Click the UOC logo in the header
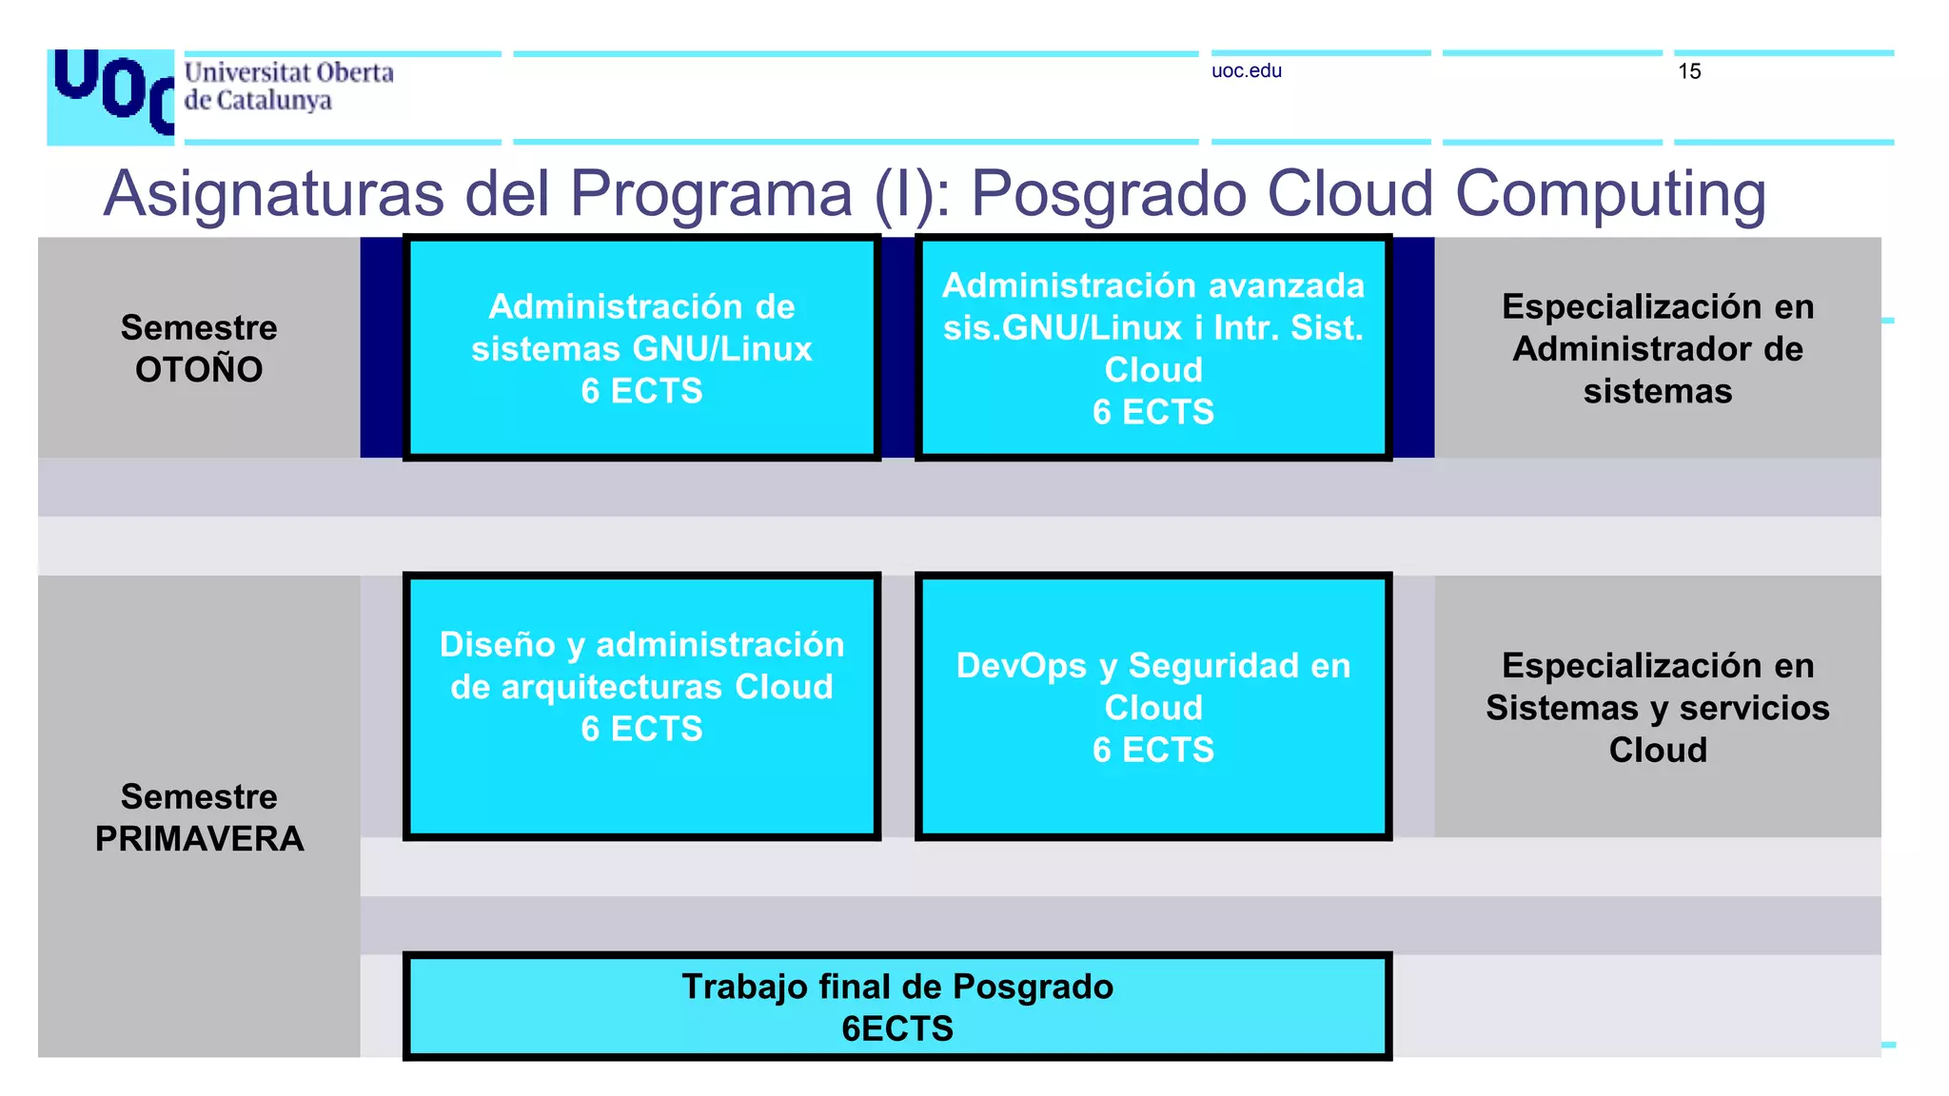(110, 95)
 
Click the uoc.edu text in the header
(1246, 71)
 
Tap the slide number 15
(1689, 72)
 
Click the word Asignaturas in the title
(273, 194)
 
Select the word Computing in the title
(1610, 194)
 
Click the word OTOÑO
(199, 370)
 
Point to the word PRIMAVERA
(199, 839)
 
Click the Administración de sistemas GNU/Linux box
(641, 348)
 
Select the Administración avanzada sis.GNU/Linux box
(1152, 348)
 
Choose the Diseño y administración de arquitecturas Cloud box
(641, 705)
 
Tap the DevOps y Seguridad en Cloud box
(1152, 705)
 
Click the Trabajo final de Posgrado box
(896, 1007)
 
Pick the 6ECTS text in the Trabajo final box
(896, 1029)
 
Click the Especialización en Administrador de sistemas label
(1657, 349)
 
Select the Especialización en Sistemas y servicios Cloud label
(1657, 708)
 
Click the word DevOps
(1020, 666)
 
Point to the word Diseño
(497, 645)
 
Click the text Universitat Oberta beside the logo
(288, 73)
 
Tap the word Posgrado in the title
(1108, 194)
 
